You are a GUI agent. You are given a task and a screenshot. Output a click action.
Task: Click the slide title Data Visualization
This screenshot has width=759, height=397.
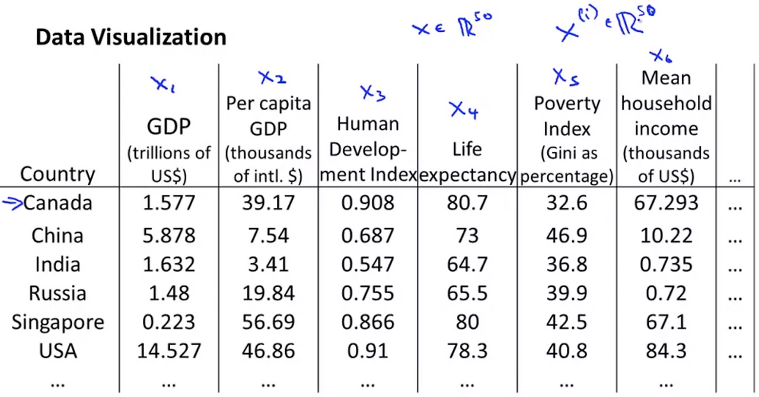pos(131,37)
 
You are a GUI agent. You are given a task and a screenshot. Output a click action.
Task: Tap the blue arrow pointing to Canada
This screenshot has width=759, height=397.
pos(12,204)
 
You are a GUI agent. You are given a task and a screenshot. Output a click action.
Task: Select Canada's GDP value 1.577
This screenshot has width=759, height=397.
pos(169,203)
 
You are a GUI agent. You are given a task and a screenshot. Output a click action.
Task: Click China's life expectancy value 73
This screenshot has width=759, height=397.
pos(467,235)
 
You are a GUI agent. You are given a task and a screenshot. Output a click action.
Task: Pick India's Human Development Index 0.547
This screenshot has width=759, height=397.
pos(368,264)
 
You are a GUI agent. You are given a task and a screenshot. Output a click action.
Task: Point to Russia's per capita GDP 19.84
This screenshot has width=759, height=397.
pos(269,293)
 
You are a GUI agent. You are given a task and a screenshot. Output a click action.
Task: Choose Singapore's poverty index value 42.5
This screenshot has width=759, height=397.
pos(566,322)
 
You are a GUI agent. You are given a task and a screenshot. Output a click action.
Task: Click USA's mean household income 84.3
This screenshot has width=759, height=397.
pos(666,351)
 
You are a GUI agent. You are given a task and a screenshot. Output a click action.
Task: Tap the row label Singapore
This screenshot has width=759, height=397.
pos(58,322)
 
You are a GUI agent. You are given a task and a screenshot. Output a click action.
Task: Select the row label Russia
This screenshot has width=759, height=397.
pos(58,293)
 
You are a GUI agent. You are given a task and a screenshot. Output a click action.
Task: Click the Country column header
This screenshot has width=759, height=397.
pos(58,174)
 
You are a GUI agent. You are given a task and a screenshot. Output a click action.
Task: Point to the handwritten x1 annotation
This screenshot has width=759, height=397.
pos(163,84)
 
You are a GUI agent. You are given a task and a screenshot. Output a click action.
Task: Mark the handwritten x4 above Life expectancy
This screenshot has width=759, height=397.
pos(464,110)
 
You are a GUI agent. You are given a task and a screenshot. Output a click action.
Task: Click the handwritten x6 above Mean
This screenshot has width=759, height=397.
pos(661,56)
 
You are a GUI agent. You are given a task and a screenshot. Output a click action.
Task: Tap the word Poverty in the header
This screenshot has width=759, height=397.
pos(567,104)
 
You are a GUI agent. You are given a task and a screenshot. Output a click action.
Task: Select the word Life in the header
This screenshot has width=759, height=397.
pos(467,149)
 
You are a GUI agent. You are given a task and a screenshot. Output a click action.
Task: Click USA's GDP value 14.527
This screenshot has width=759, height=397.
pos(169,351)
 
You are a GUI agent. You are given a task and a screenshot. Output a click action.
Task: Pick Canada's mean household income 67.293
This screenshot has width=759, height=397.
pos(666,203)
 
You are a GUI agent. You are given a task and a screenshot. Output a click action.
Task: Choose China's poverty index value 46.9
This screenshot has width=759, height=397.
pos(566,235)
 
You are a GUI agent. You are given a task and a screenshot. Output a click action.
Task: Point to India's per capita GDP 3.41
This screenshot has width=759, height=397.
pos(269,264)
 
